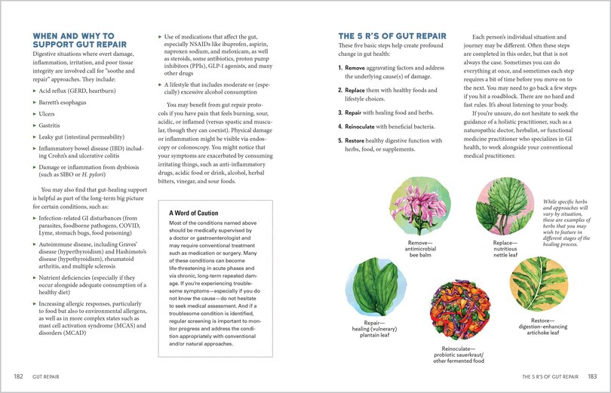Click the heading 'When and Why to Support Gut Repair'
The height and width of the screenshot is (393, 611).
(74, 40)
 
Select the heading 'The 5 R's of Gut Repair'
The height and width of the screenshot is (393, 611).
(391, 35)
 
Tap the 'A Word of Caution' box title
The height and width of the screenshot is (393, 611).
(198, 213)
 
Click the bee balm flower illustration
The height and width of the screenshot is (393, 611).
(419, 208)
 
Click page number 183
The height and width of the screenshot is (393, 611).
(592, 376)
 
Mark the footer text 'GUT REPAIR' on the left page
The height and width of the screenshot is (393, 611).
(46, 376)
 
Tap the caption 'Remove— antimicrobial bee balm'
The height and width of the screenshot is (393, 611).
(419, 249)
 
